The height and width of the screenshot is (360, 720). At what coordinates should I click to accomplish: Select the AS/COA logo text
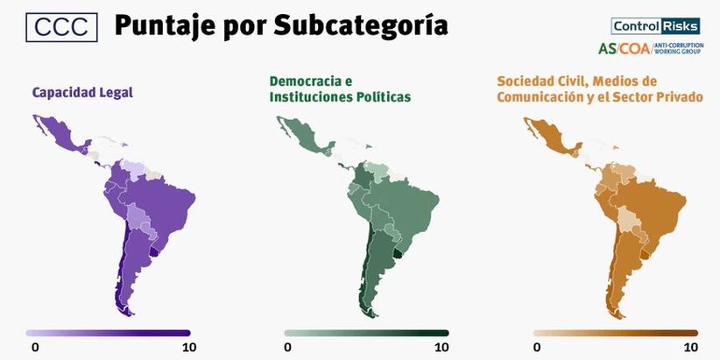pos(625,48)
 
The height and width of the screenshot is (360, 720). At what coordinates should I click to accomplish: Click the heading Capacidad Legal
pos(82,91)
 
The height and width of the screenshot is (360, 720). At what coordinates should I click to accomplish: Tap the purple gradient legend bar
pos(108,333)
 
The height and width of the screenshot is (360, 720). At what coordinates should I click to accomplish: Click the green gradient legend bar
pos(366,333)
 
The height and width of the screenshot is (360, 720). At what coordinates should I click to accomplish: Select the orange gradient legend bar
pos(616,333)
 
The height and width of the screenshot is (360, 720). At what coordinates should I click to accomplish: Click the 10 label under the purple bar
pos(188,348)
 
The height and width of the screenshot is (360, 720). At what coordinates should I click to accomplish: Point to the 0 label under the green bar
pos(287,348)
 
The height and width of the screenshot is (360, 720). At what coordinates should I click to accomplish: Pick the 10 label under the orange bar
pos(689,348)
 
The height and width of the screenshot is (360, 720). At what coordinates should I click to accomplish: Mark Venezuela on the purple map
pos(131,168)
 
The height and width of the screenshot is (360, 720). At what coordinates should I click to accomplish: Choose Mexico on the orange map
pos(547,140)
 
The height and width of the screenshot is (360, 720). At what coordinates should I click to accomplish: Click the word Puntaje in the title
pos(161,27)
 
